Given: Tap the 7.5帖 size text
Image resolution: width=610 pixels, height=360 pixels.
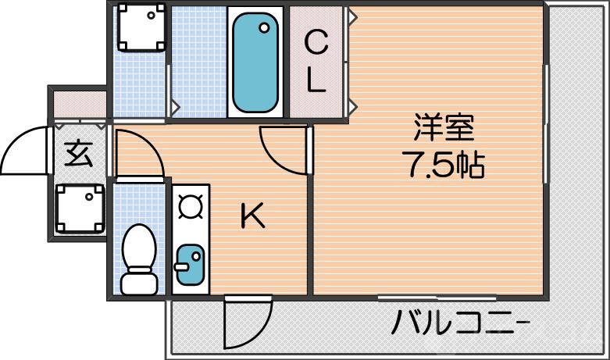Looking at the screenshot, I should [x=443, y=164].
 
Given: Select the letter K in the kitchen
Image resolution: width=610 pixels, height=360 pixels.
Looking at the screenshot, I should [x=252, y=216].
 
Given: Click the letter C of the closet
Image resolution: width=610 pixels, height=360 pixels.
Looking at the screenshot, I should [x=316, y=44].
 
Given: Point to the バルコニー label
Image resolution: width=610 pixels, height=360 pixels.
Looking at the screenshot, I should [x=461, y=321].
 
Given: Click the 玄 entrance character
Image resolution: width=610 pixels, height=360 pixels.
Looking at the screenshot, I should [x=78, y=154].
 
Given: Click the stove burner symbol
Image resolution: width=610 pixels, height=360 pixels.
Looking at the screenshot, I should [x=190, y=207].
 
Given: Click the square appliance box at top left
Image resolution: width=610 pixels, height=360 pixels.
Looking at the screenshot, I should [x=141, y=28].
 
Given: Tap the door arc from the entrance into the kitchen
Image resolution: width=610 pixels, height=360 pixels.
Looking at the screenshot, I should [x=139, y=153].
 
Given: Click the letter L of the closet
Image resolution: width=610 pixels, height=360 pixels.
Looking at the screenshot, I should [x=316, y=81].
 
